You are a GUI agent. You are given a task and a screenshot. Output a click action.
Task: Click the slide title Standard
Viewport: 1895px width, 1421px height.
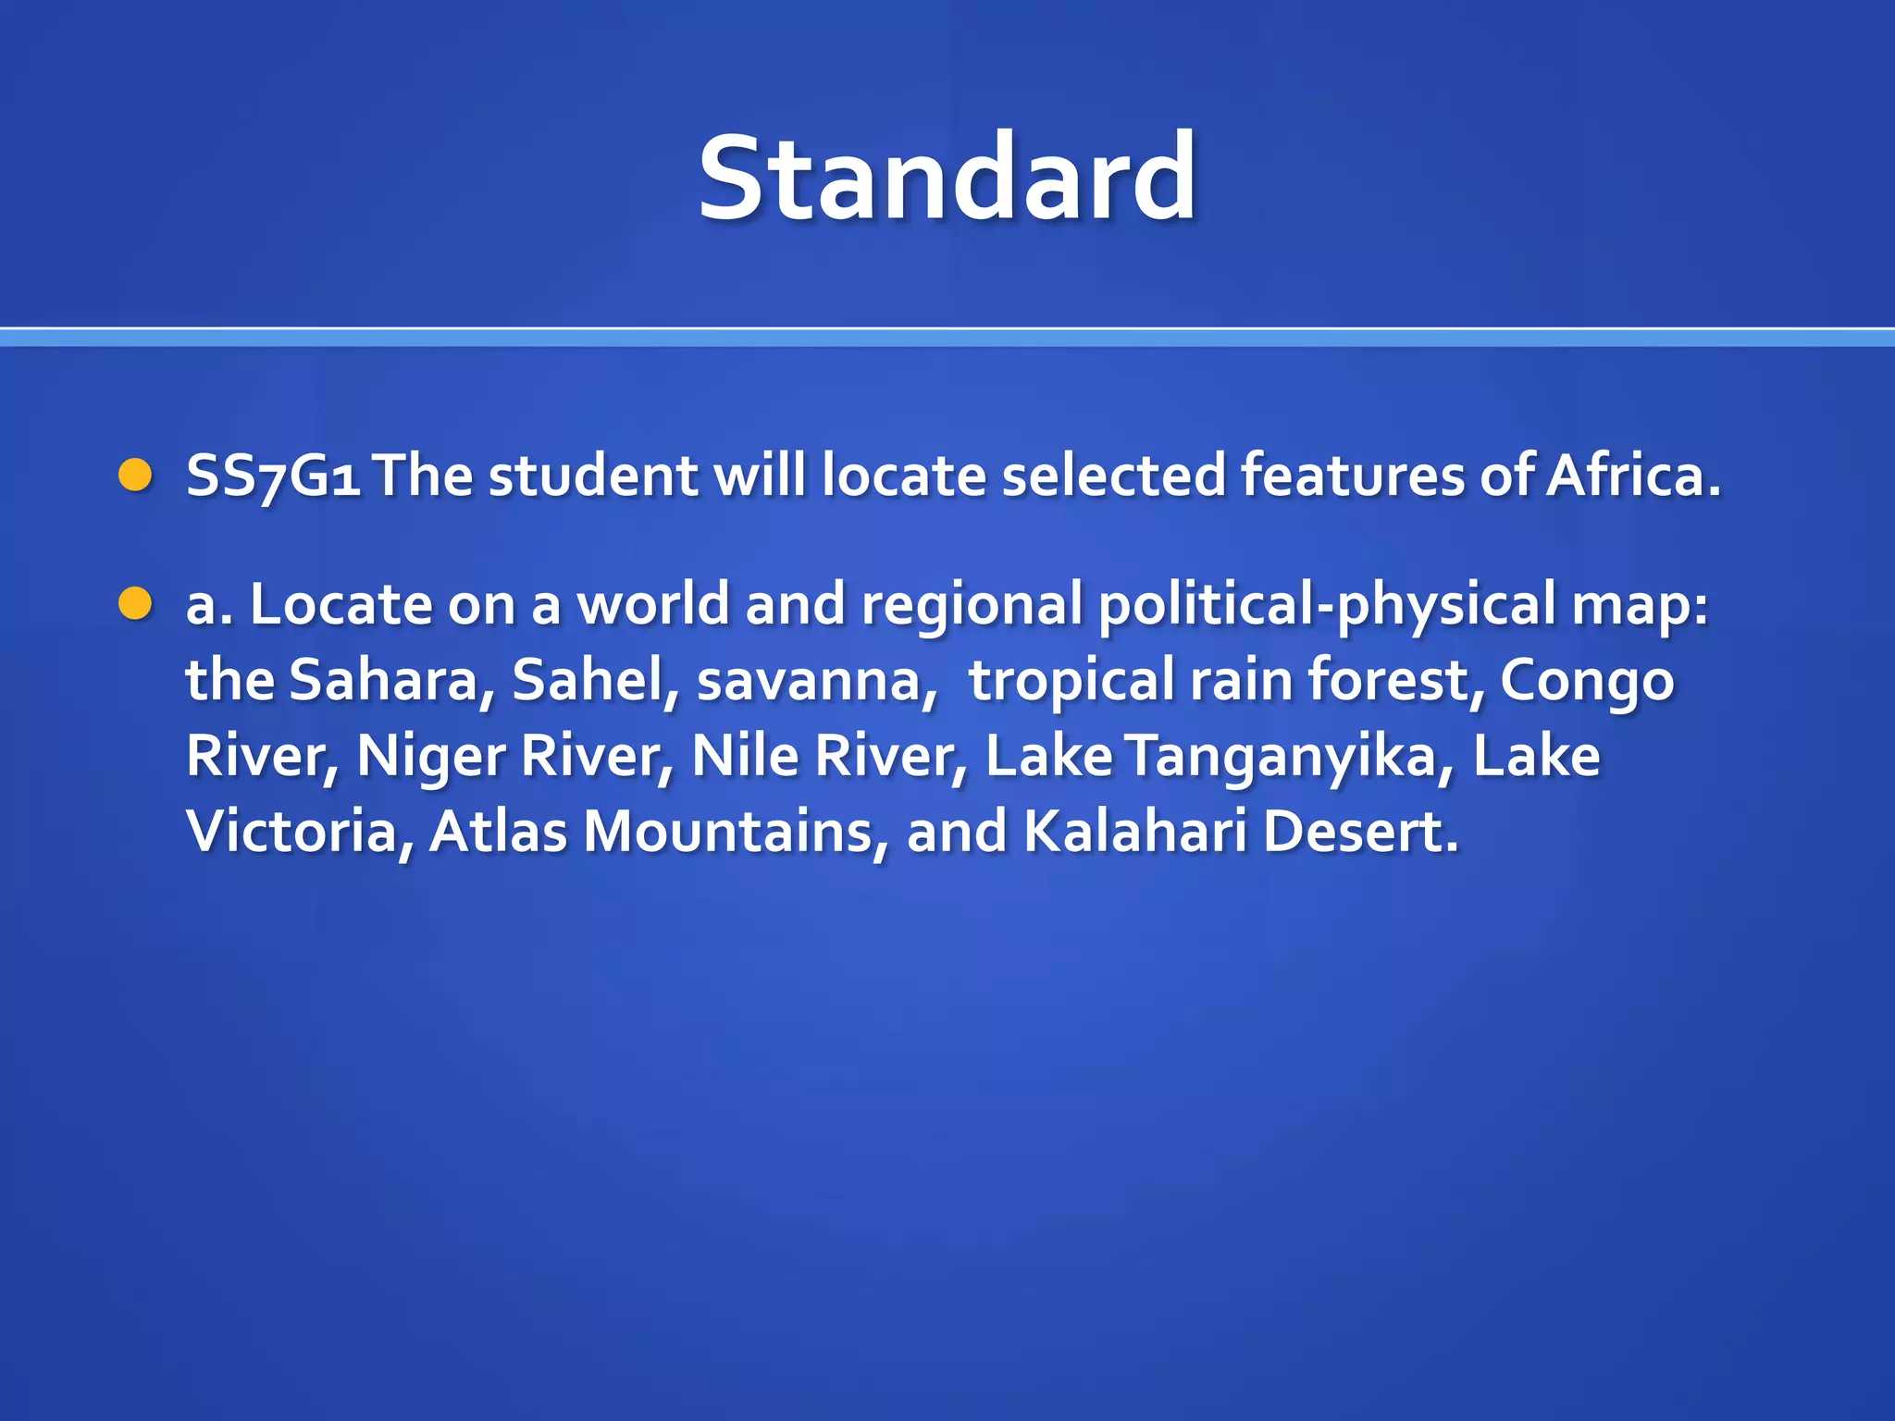tap(947, 178)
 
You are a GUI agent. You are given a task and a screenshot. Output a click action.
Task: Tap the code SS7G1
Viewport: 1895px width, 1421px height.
tap(273, 476)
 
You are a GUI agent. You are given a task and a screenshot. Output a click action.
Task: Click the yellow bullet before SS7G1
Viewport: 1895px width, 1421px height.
tap(135, 476)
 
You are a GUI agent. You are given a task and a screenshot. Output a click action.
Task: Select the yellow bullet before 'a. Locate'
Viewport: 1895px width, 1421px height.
tap(135, 604)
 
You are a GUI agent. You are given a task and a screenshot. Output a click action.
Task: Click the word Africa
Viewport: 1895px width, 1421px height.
tap(1633, 476)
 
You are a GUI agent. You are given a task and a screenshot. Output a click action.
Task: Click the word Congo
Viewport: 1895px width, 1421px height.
tap(1586, 682)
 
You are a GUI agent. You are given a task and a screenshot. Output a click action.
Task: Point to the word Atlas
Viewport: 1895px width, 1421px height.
tap(498, 832)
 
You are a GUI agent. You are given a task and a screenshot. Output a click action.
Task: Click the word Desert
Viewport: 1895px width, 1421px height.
tap(1360, 832)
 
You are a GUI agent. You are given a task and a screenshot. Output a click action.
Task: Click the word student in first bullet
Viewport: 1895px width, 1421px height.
tap(592, 476)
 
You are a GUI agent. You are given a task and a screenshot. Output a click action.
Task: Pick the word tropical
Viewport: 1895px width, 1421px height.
tap(1071, 682)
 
